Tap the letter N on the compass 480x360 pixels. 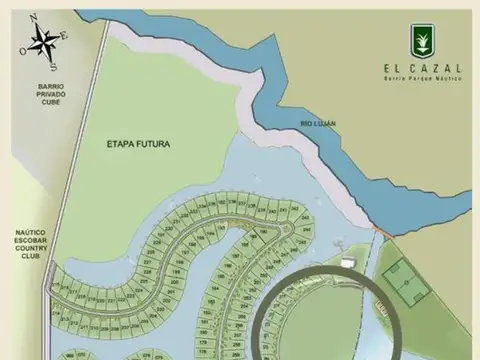tap(34, 18)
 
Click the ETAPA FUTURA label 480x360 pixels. tap(138, 144)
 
